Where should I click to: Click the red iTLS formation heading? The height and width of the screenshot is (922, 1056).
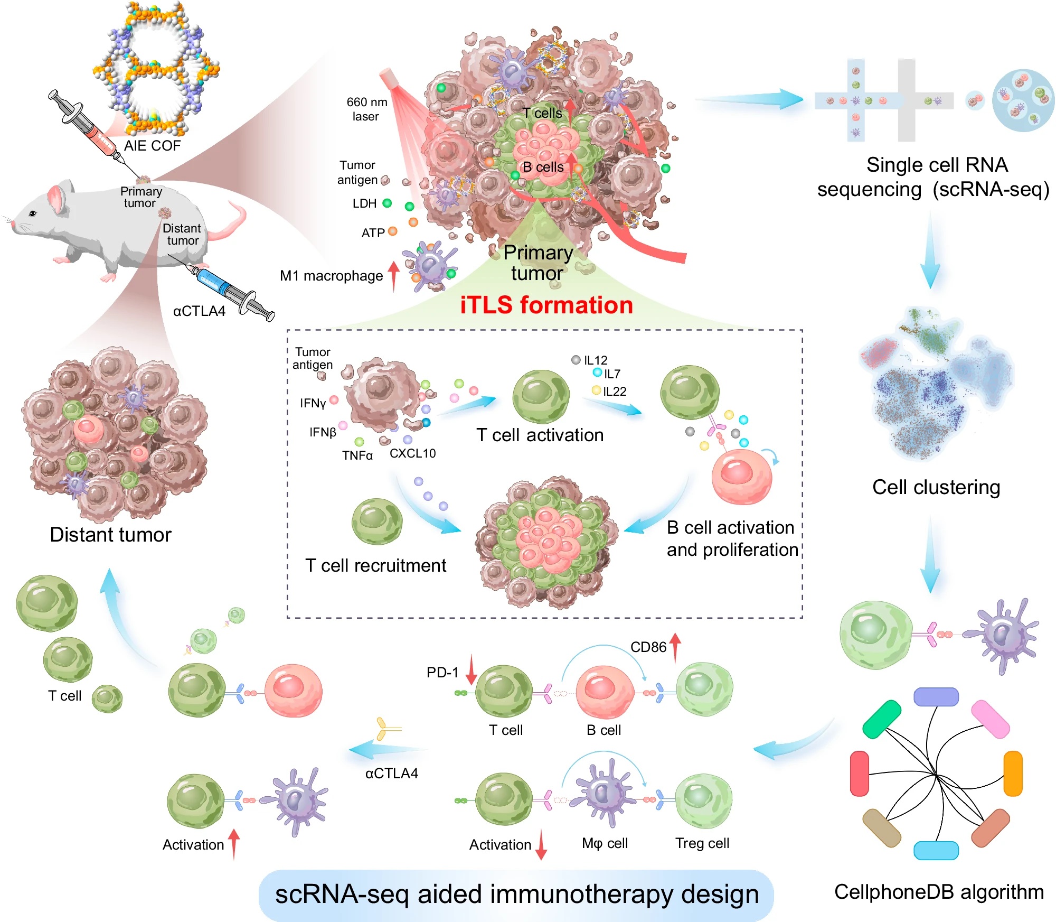pos(546,305)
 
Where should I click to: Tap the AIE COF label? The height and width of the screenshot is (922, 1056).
pos(152,145)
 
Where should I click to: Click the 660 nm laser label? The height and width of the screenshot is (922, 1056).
pos(366,109)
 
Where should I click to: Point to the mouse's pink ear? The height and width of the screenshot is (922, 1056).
pos(57,198)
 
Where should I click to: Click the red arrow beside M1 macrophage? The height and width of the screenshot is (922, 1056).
pos(393,276)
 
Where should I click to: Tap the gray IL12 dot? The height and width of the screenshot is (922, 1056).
pos(576,360)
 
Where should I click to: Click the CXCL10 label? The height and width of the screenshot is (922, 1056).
pos(412,453)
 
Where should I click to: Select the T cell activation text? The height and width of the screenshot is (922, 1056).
pos(540,435)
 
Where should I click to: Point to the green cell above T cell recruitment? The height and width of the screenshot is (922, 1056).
pos(377,521)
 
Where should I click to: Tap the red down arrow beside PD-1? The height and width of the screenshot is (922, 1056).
pos(471,669)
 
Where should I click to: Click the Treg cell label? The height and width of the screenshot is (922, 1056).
pos(702,843)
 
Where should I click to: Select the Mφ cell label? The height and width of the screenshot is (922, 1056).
pos(605,843)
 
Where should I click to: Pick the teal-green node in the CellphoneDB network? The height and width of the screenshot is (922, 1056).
pos(882,719)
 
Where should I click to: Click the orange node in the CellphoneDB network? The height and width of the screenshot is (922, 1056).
pos(1013,774)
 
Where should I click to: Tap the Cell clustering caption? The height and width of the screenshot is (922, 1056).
pos(936,487)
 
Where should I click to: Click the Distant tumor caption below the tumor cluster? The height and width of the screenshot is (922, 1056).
pos(110,534)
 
